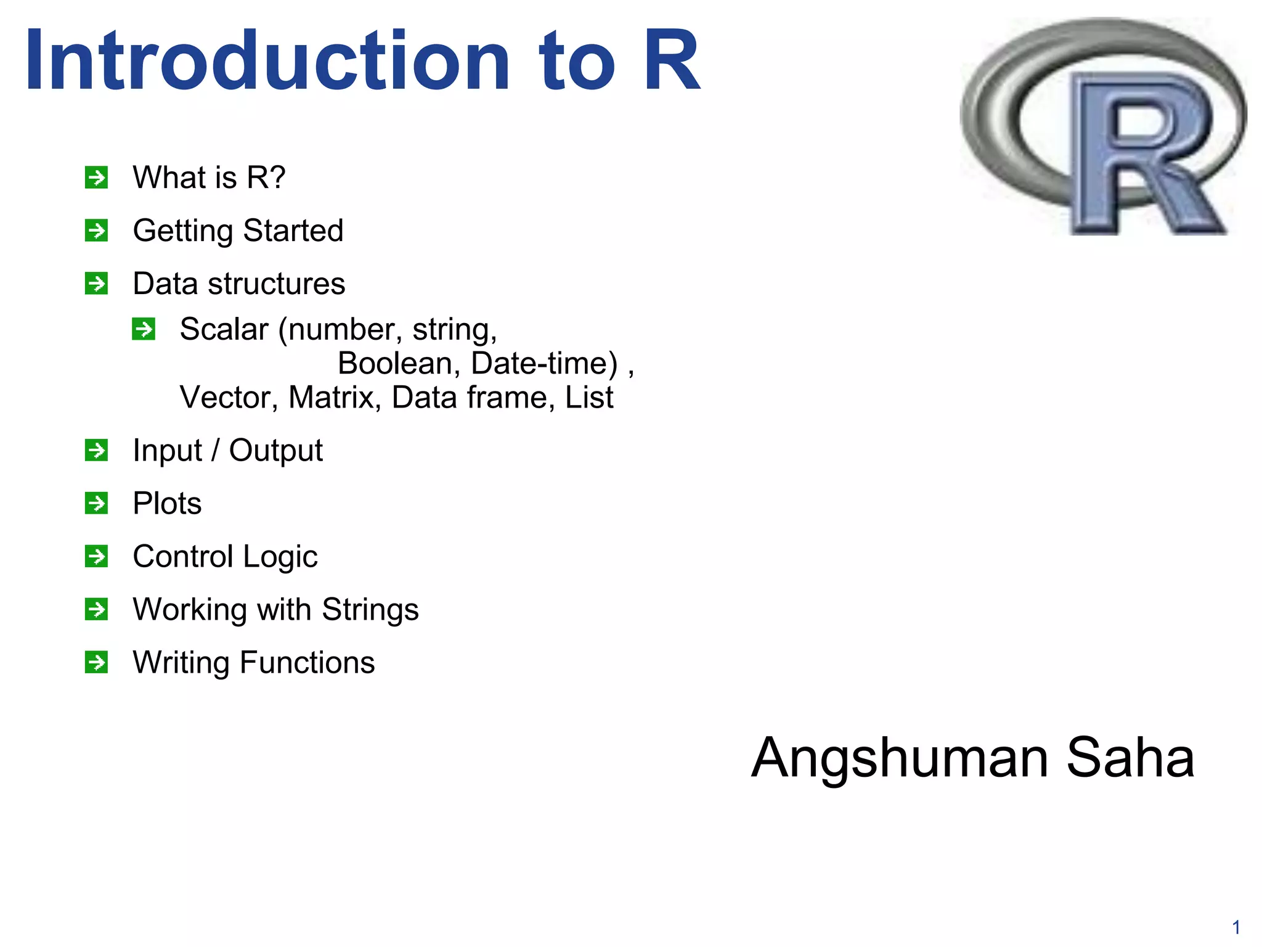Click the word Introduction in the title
pos(267,60)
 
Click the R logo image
pos(1103,127)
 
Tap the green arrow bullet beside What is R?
pos(97,178)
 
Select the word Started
pos(293,231)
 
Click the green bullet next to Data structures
pos(97,284)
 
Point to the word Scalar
pos(224,329)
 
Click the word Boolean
pos(395,363)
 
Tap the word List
pos(589,397)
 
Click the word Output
pos(275,450)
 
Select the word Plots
pos(167,503)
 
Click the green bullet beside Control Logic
pos(97,556)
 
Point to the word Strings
pos(370,609)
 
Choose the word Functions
pos(307,662)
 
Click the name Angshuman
pos(900,758)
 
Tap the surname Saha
pos(1130,757)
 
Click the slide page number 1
pos(1236,927)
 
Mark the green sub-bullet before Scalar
pos(144,329)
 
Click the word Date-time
pos(544,363)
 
